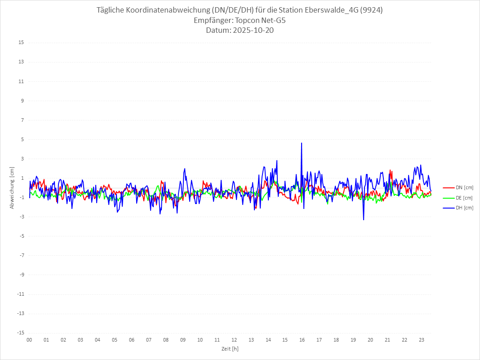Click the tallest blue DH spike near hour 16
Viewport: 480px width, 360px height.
tap(302, 143)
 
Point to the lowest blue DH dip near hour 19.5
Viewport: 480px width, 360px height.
tap(364, 219)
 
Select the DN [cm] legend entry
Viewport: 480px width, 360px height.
tap(464, 188)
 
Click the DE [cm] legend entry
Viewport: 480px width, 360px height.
tap(464, 198)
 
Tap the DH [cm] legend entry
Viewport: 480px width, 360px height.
tap(464, 208)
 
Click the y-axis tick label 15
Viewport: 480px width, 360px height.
tap(21, 43)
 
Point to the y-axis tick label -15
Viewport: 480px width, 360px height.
tap(20, 333)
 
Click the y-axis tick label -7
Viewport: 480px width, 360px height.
tap(21, 255)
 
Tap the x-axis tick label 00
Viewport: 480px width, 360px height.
tap(29, 340)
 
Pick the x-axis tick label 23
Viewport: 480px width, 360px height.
tap(422, 340)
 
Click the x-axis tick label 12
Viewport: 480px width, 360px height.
tap(234, 340)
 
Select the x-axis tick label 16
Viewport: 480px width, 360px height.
tap(302, 340)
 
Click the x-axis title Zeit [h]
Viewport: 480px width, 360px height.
tap(230, 349)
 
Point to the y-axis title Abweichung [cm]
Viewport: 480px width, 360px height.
tap(12, 188)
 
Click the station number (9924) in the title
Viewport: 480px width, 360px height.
tap(372, 10)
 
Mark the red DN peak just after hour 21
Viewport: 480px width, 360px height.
tap(391, 170)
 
